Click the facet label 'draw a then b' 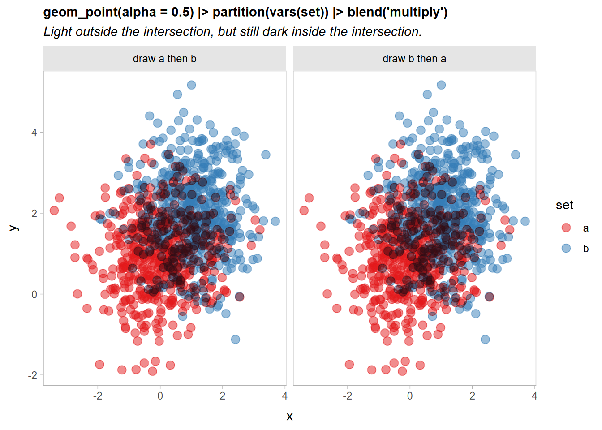tap(164, 59)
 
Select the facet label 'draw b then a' tap(414, 59)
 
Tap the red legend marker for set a tap(566, 228)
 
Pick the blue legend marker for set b tap(566, 248)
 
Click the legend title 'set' tap(564, 205)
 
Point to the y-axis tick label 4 tap(34, 133)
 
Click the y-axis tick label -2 tap(33, 375)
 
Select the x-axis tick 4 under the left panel tap(284, 396)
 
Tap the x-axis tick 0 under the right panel tap(410, 396)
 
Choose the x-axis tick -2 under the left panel tap(98, 396)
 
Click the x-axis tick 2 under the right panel tap(472, 396)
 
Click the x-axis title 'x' tap(289, 417)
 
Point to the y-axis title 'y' tap(13, 228)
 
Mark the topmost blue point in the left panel tap(191, 85)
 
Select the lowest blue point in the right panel tap(485, 340)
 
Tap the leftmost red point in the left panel tap(54, 211)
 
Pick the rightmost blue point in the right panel tap(525, 221)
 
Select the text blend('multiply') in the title tap(397, 12)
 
